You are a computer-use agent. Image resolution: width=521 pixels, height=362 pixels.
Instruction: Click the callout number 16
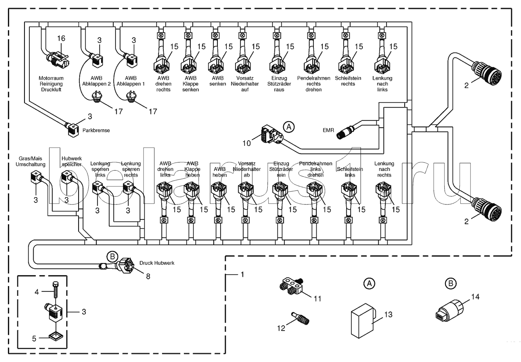coord(61,38)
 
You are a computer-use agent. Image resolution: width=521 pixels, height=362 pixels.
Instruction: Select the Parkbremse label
coord(96,130)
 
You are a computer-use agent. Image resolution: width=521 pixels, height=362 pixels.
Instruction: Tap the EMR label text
coord(328,130)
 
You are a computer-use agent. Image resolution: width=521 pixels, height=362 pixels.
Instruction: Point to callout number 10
coord(247,143)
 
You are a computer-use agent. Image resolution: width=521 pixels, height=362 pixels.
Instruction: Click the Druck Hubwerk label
coord(157,263)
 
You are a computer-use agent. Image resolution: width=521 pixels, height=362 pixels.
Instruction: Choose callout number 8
coord(148,277)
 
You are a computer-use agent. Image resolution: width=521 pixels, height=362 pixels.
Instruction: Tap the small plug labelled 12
coord(301,317)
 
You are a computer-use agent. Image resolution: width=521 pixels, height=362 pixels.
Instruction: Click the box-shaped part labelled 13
coord(362,320)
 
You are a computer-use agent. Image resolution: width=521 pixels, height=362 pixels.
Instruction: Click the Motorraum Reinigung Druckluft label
coord(51,84)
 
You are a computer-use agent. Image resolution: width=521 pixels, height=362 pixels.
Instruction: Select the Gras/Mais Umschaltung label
coord(31,161)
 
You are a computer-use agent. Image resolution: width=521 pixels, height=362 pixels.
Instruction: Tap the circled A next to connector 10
coord(289,127)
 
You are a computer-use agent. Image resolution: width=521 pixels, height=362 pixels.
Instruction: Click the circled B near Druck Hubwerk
coord(112,257)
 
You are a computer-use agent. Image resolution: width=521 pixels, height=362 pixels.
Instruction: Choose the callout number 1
coord(242,274)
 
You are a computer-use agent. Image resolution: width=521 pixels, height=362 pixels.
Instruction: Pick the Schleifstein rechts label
coord(348,81)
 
